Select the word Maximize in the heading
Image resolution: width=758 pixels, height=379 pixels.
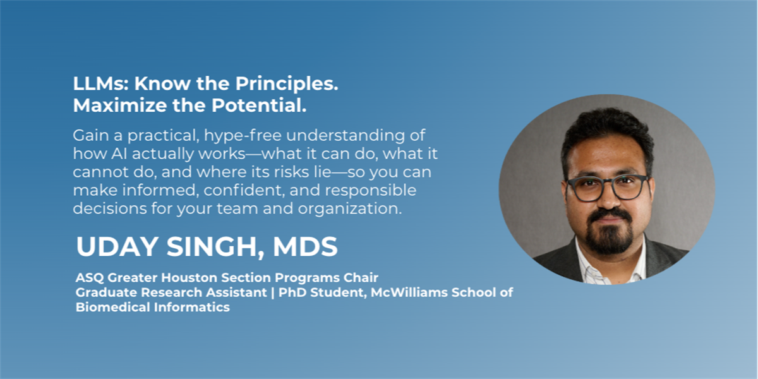[120, 105]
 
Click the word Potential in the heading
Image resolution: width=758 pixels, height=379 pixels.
[259, 105]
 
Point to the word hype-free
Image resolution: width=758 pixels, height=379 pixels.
[243, 136]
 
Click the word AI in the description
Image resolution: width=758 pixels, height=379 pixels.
[119, 153]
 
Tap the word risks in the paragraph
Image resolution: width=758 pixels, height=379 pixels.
[291, 172]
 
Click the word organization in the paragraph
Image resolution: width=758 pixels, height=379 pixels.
[349, 209]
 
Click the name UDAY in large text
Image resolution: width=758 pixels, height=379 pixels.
[117, 247]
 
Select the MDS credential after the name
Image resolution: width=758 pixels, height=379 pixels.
[305, 247]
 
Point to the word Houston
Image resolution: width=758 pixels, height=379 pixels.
[189, 278]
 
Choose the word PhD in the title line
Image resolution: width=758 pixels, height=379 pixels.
[292, 292]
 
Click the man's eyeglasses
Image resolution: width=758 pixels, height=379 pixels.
[608, 188]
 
